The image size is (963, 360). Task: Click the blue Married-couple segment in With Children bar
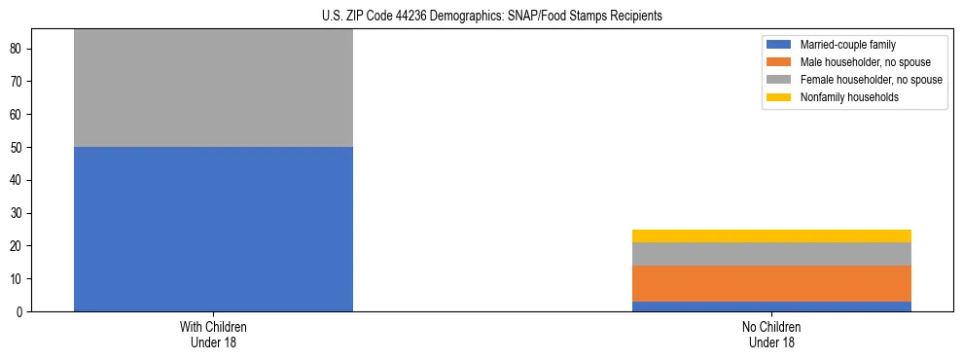pyautogui.click(x=213, y=229)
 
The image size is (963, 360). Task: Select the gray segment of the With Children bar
pyautogui.click(x=213, y=89)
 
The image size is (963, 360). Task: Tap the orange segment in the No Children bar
pyautogui.click(x=771, y=283)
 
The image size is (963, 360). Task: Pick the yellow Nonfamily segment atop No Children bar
pyautogui.click(x=771, y=235)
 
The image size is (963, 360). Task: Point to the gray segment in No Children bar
pyautogui.click(x=771, y=253)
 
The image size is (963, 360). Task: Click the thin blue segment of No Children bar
pyautogui.click(x=771, y=306)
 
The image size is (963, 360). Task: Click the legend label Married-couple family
pyautogui.click(x=847, y=45)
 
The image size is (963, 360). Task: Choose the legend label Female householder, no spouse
pyautogui.click(x=871, y=80)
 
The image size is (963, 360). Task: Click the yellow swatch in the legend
pyautogui.click(x=780, y=97)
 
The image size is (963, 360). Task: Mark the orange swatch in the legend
pyautogui.click(x=780, y=62)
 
